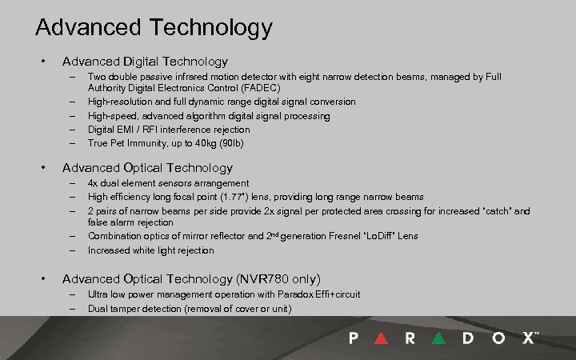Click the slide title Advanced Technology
coord(154,28)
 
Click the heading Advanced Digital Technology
coord(145,61)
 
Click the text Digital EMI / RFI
coord(123,130)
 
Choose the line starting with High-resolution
coord(222,102)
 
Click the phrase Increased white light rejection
coord(150,250)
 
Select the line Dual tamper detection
coord(190,308)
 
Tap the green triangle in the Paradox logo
coord(438,338)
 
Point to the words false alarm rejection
coord(130,223)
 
